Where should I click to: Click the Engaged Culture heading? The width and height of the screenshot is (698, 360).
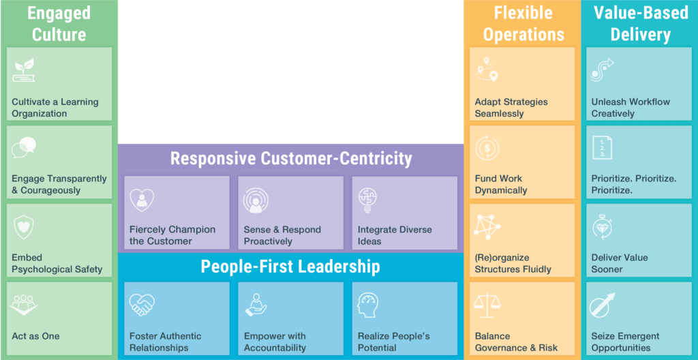coord(59,23)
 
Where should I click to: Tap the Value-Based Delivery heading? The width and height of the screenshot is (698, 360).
coord(640,23)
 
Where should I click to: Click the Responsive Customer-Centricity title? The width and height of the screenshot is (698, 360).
coord(291,159)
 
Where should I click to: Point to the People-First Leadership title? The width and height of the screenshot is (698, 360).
coord(290,266)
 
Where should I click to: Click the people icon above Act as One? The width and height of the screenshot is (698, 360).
coord(24,305)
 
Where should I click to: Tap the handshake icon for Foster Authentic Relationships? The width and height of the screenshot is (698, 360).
coord(142,305)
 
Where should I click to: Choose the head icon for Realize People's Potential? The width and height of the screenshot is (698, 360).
coord(369,305)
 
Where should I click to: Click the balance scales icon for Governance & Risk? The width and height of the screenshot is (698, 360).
coord(487,305)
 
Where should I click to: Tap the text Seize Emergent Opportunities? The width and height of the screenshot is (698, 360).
coord(625,342)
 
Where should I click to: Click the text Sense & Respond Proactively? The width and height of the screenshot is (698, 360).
coord(282,235)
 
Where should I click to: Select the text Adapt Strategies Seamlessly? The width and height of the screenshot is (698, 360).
coord(511,108)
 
